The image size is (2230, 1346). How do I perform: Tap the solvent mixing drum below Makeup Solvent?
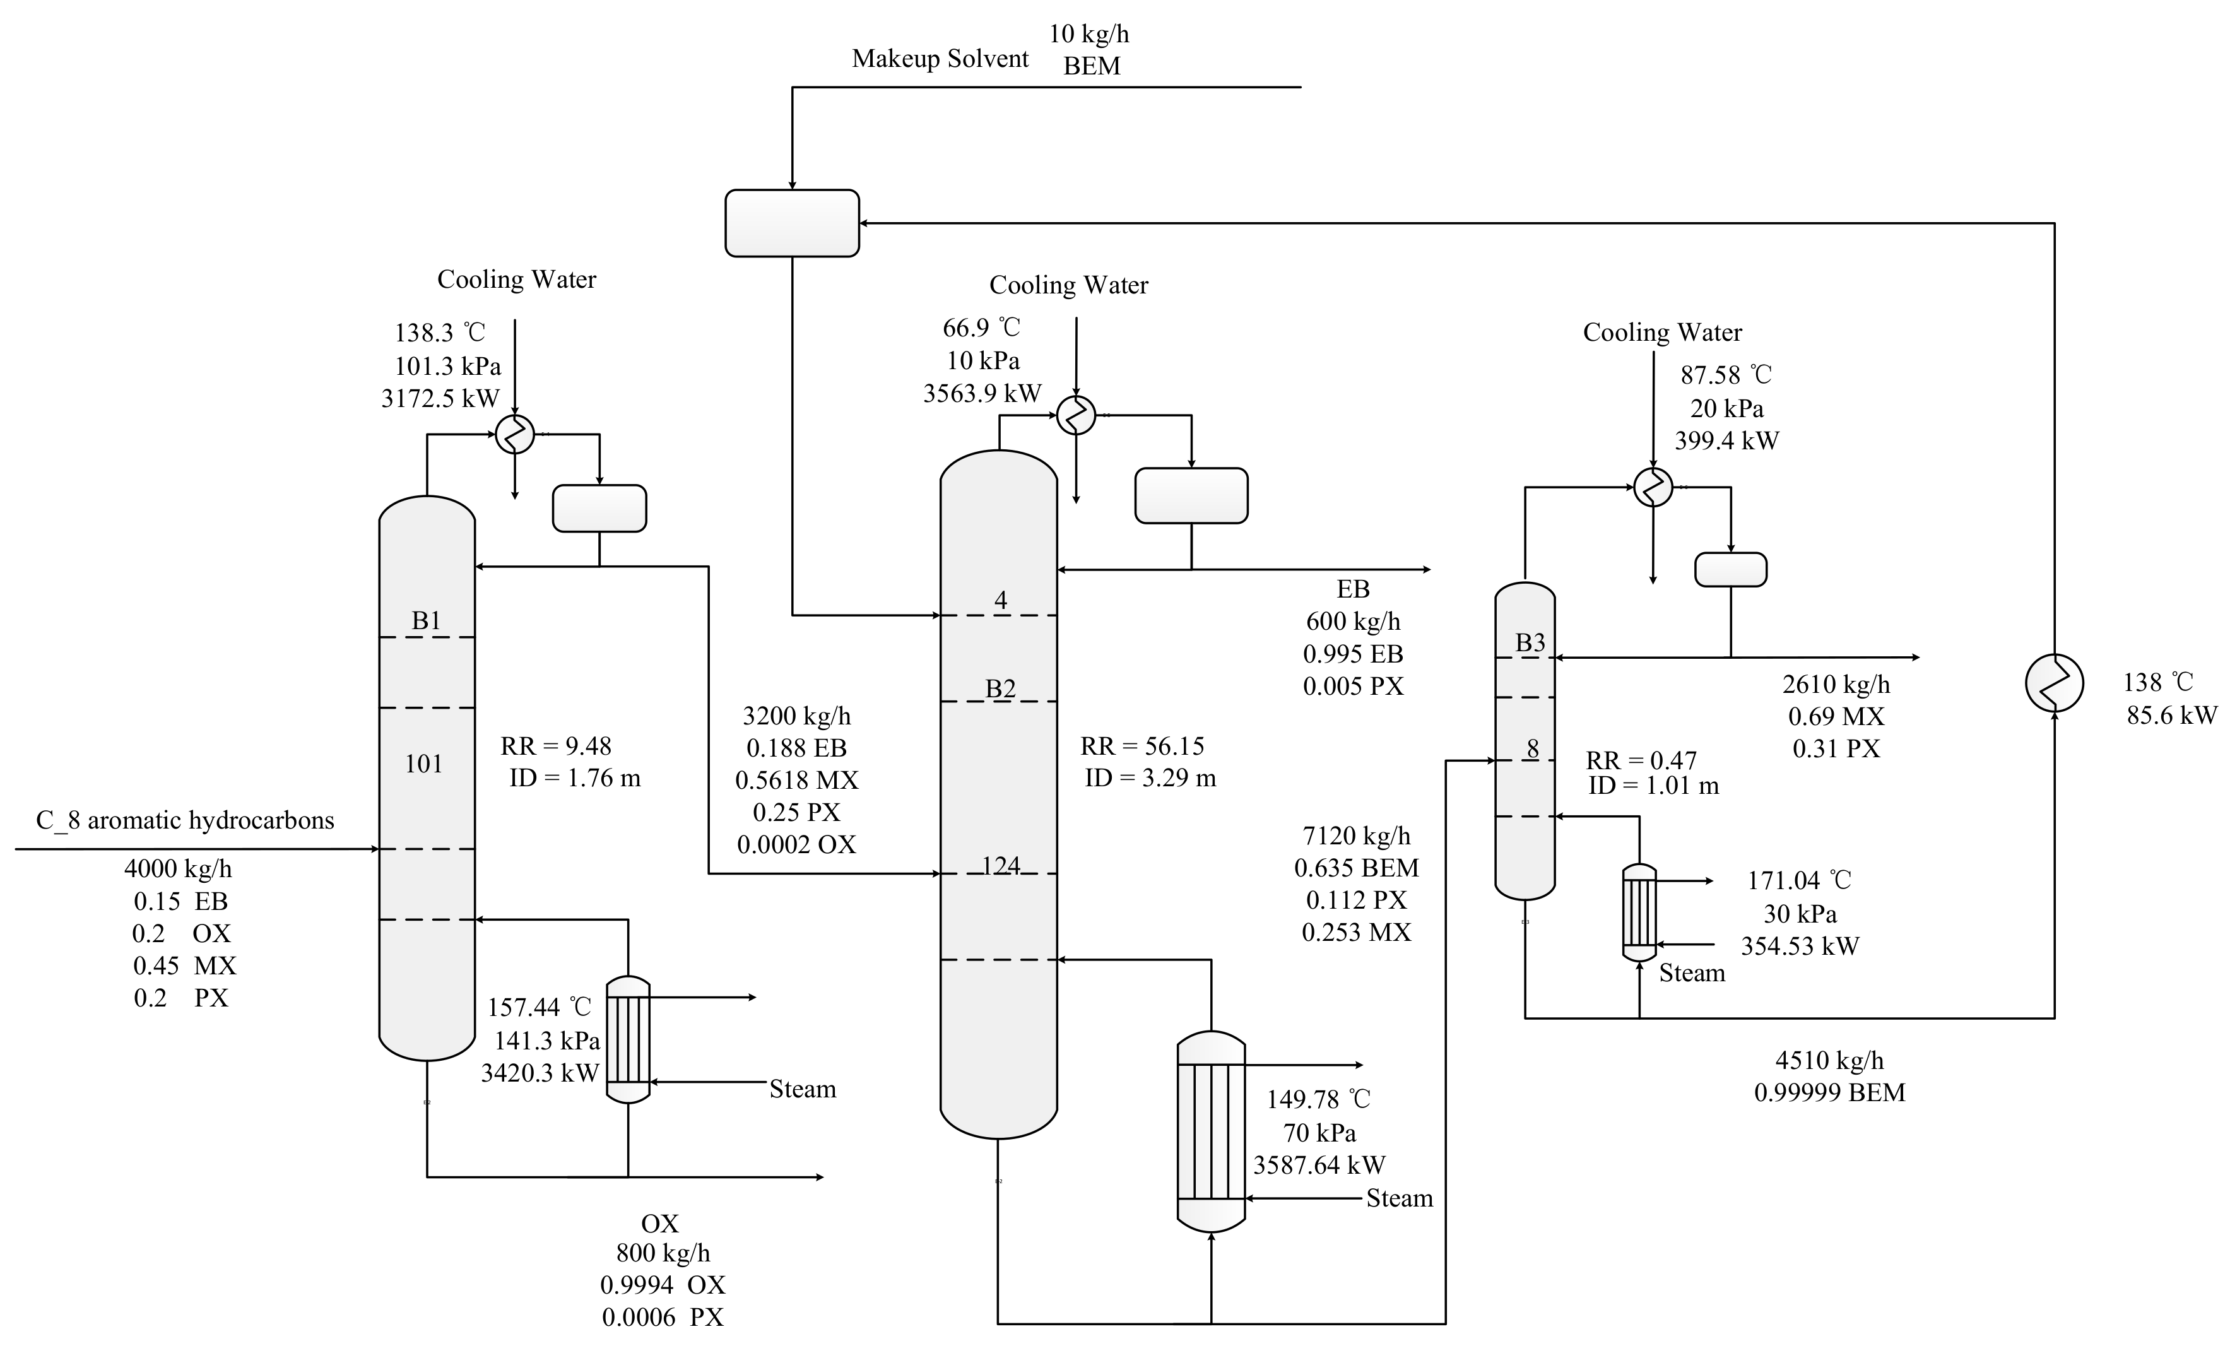pos(792,223)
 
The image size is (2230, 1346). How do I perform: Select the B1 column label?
pos(427,621)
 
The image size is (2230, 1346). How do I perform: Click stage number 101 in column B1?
pos(423,764)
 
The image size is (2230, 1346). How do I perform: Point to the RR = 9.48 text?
pos(556,747)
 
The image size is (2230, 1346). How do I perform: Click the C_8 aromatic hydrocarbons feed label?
pos(185,821)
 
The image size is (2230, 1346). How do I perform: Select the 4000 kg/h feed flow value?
pos(179,870)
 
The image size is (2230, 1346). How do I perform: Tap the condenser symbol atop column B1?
pos(515,435)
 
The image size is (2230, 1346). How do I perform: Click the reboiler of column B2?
pos(1211,1131)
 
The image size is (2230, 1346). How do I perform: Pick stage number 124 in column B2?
pos(1001,866)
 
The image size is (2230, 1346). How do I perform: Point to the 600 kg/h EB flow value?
pos(1353,622)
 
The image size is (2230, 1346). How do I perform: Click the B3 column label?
pos(1530,642)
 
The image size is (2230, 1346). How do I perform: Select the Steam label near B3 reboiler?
pos(1692,974)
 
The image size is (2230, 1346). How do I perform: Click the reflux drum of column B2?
pos(1191,495)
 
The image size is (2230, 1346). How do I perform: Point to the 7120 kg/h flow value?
pos(1357,836)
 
